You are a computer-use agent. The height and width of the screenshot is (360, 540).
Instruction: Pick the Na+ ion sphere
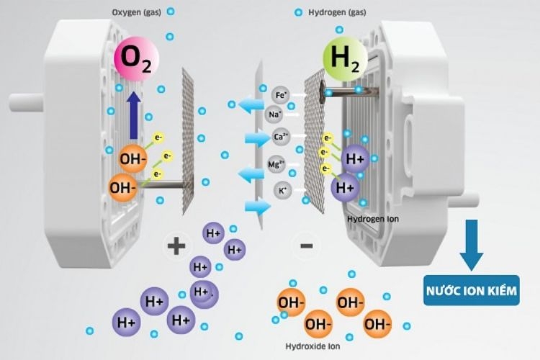pyautogui.click(x=275, y=114)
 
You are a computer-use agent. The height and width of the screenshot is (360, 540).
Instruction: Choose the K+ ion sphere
pyautogui.click(x=282, y=190)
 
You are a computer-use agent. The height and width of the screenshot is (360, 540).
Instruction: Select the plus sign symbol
pyautogui.click(x=176, y=246)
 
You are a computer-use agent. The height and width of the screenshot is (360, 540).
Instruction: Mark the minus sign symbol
pyautogui.click(x=306, y=246)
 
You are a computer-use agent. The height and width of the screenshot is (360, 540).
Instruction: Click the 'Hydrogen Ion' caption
pyautogui.click(x=373, y=217)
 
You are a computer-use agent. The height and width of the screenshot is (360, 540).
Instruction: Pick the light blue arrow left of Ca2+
pyautogui.click(x=256, y=138)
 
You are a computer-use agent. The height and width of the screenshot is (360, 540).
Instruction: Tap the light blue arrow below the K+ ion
pyautogui.click(x=256, y=207)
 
